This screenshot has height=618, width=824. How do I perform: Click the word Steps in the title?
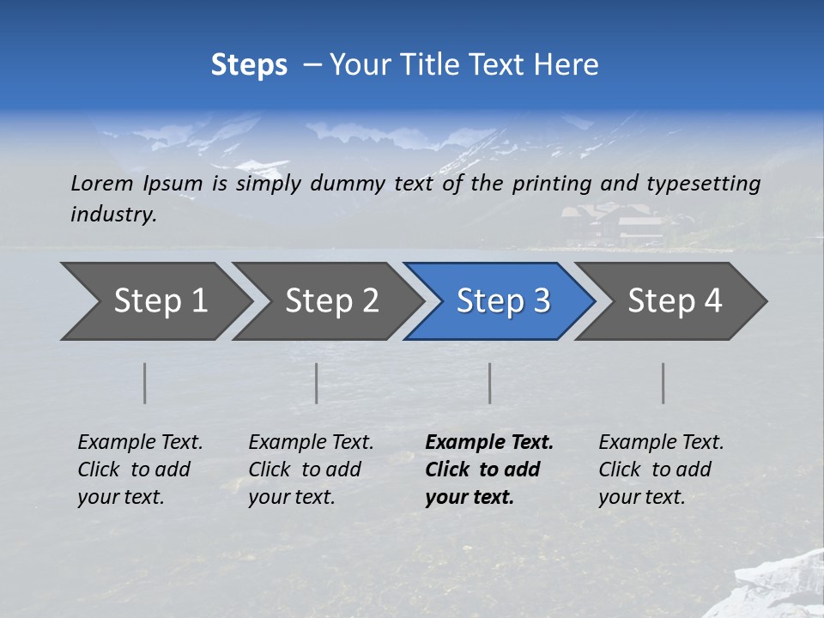pyautogui.click(x=249, y=65)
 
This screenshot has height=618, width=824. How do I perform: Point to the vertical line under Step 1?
pyautogui.click(x=145, y=383)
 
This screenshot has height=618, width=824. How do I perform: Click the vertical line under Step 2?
pyautogui.click(x=317, y=383)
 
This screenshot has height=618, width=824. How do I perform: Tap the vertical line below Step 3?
pyautogui.click(x=490, y=383)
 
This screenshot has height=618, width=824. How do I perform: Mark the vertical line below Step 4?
pyautogui.click(x=663, y=383)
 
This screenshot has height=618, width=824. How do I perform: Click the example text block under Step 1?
pyautogui.click(x=140, y=470)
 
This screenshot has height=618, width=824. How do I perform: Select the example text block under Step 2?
pyautogui.click(x=311, y=470)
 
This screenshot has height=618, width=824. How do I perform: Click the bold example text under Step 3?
pyautogui.click(x=489, y=470)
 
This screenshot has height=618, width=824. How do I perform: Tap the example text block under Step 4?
pyautogui.click(x=661, y=470)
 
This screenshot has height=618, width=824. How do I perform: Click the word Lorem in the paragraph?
pyautogui.click(x=101, y=184)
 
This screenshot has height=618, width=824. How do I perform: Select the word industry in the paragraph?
pyautogui.click(x=112, y=214)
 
